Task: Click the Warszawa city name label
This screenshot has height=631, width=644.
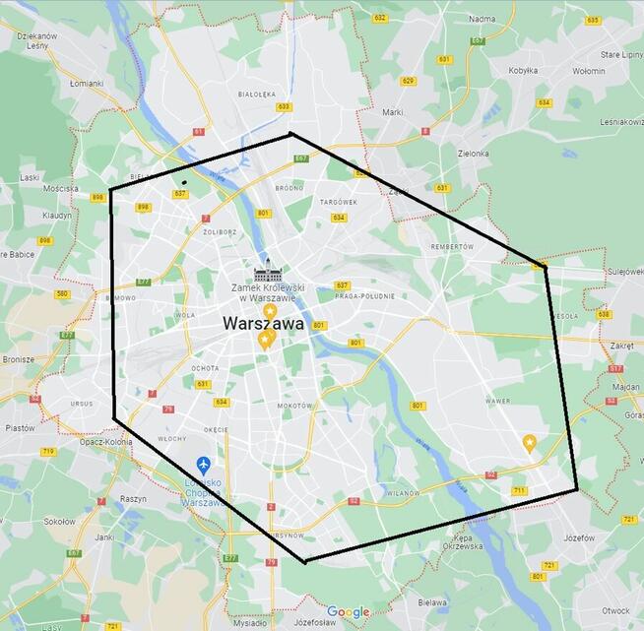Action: tap(262, 322)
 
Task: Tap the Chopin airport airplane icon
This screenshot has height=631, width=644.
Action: tap(203, 464)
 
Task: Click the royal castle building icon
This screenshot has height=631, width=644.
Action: tap(268, 270)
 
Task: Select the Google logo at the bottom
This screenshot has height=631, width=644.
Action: tap(349, 612)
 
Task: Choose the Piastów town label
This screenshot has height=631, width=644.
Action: tap(20, 428)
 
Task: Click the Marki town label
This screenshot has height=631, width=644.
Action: tap(393, 112)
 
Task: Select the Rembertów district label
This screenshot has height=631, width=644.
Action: tap(453, 247)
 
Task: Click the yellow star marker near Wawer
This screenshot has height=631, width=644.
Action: tap(530, 443)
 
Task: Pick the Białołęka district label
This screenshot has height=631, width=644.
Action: tap(256, 95)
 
